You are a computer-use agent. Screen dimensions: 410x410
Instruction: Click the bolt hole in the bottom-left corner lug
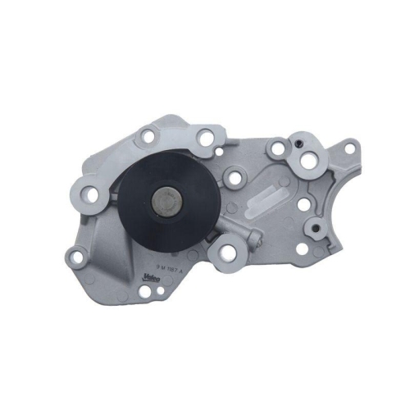(78, 257)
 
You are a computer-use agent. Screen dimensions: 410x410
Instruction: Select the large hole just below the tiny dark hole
(308, 162)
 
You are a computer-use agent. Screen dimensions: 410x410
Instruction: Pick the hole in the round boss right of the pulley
(235, 177)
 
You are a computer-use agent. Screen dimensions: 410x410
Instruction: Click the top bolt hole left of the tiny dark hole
(280, 149)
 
